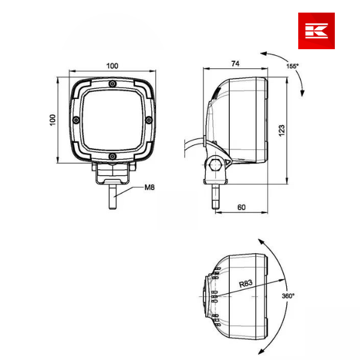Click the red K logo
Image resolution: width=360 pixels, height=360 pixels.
pyautogui.click(x=316, y=31)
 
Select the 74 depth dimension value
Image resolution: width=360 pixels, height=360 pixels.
pyautogui.click(x=235, y=64)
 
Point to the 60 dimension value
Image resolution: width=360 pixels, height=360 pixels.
pyautogui.click(x=241, y=207)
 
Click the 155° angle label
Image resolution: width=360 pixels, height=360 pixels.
pyautogui.click(x=292, y=66)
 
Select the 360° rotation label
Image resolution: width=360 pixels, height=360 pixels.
pyautogui.click(x=288, y=296)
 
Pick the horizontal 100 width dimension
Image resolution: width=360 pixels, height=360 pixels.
pyautogui.click(x=112, y=66)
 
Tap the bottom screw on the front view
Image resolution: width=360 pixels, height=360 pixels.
pyautogui.click(x=112, y=157)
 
